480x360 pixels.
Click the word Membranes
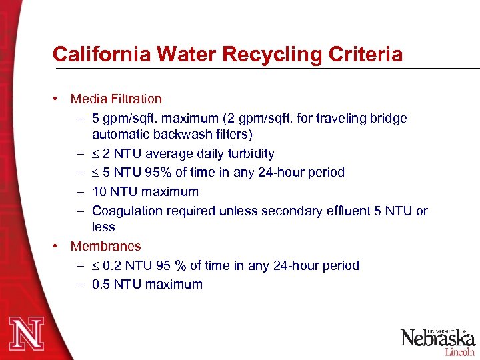[x=106, y=247]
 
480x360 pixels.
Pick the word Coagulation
[x=127, y=211]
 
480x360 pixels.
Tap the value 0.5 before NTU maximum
[x=101, y=285]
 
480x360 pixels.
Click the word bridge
[x=389, y=119]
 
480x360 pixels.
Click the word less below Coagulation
[x=103, y=227]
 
